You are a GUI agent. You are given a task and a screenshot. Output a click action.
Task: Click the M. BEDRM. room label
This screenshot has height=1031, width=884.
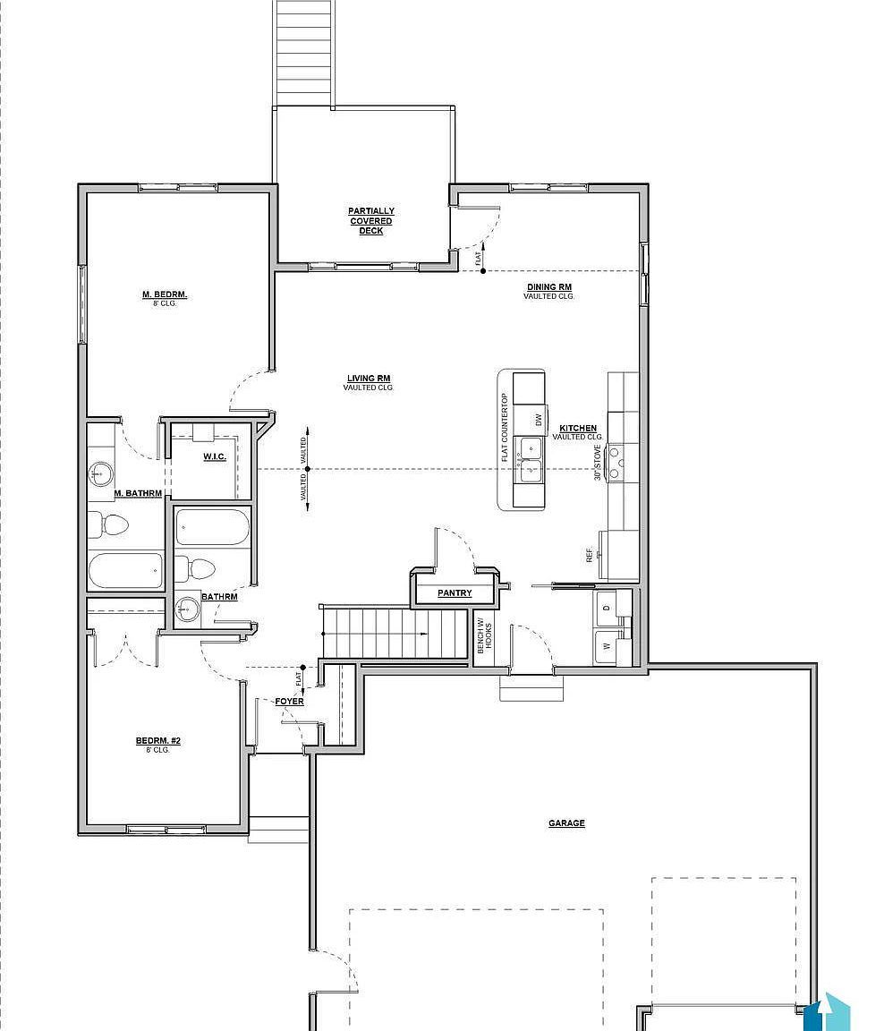coord(165,294)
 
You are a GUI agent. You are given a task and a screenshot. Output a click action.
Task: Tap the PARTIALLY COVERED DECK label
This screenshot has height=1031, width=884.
coord(371,221)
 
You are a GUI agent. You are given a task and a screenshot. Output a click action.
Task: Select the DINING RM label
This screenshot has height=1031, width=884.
coord(548,287)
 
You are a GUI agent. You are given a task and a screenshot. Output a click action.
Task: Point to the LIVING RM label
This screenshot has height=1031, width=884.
coord(368,379)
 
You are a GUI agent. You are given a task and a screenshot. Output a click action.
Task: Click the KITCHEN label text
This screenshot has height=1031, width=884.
coord(578,429)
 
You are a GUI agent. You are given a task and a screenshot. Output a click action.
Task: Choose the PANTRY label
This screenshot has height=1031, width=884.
coord(455,593)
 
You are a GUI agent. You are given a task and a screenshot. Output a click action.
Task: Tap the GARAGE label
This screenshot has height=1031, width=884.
coord(566,823)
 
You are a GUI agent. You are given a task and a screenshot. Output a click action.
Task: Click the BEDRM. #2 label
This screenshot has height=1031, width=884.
coord(158,741)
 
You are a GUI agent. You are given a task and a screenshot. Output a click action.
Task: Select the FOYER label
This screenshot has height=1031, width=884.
coord(289,702)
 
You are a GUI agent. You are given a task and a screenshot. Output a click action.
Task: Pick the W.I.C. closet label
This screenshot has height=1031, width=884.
coord(215,457)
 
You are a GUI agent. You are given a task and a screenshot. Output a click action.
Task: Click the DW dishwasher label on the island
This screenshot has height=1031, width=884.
coord(539,419)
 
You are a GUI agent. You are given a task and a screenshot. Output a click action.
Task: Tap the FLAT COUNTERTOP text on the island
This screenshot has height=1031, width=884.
coord(505,428)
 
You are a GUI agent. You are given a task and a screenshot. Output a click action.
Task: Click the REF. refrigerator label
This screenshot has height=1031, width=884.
coord(590,556)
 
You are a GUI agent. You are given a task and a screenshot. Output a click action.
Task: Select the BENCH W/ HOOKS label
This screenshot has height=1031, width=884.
coord(483,637)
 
